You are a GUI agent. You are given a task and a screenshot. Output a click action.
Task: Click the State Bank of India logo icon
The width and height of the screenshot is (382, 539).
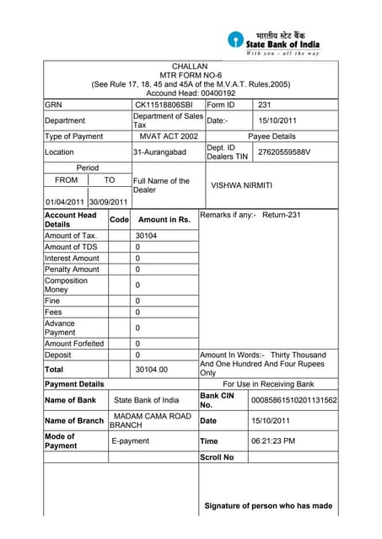234,40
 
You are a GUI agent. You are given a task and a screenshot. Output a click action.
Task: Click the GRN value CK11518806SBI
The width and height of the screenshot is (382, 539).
164,105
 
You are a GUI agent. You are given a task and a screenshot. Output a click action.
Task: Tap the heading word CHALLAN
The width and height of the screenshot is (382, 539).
190,66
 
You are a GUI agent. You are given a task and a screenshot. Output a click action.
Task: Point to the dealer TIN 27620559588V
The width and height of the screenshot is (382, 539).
284,152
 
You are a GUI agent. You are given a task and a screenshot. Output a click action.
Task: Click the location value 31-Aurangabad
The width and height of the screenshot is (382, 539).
159,152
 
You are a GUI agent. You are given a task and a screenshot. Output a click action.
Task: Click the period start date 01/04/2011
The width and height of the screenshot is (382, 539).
64,202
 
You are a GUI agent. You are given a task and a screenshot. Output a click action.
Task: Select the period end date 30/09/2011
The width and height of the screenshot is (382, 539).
108,202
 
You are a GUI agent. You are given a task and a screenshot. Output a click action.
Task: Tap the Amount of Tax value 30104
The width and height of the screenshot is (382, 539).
148,236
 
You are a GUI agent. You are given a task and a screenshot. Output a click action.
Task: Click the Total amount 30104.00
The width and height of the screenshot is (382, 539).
152,369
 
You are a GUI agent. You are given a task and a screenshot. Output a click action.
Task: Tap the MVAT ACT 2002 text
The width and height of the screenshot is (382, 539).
169,136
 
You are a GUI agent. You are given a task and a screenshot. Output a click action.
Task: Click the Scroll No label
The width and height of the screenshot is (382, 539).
218,457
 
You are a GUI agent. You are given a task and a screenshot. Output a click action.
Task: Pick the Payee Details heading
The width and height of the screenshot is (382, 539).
272,136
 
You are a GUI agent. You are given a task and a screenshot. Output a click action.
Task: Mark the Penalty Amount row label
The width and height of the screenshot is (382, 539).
72,269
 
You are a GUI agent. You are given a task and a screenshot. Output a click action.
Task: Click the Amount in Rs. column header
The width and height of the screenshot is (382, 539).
164,219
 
